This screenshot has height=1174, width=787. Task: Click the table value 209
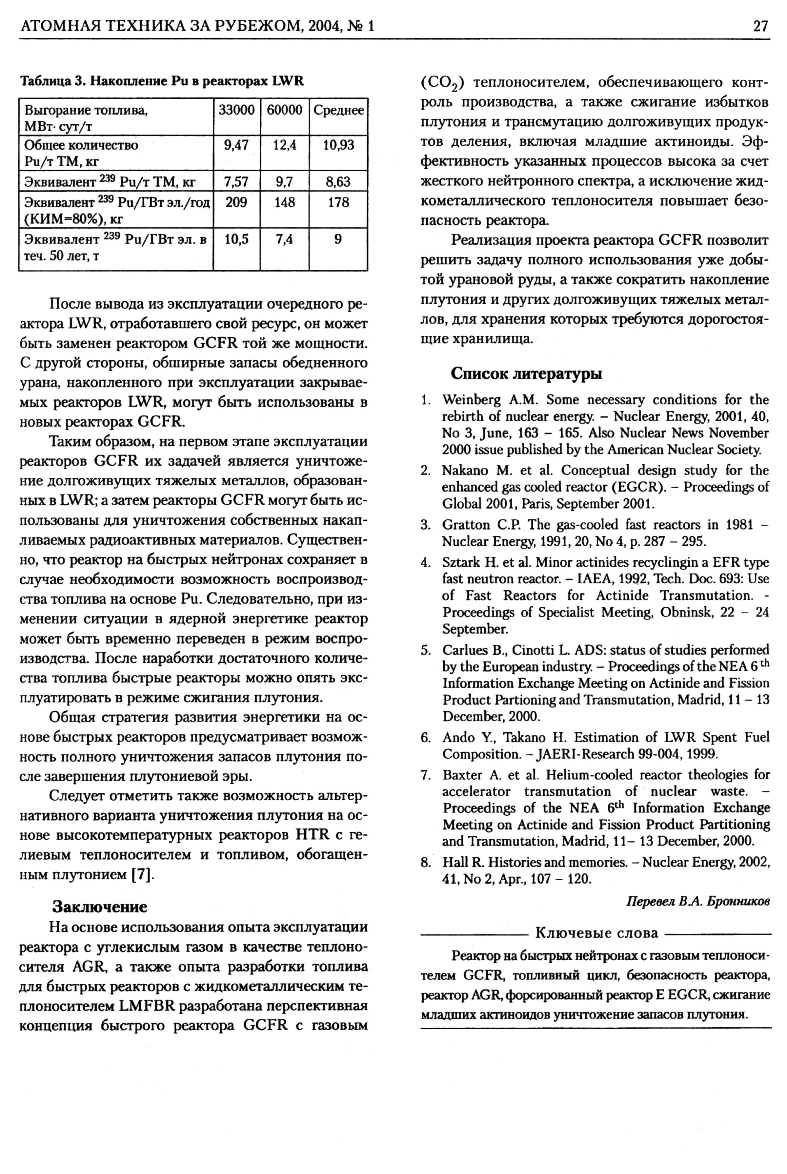(236, 202)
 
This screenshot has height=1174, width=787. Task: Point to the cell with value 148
(285, 202)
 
